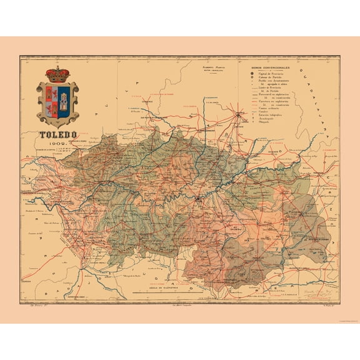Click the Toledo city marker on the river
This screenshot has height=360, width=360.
(198, 199)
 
